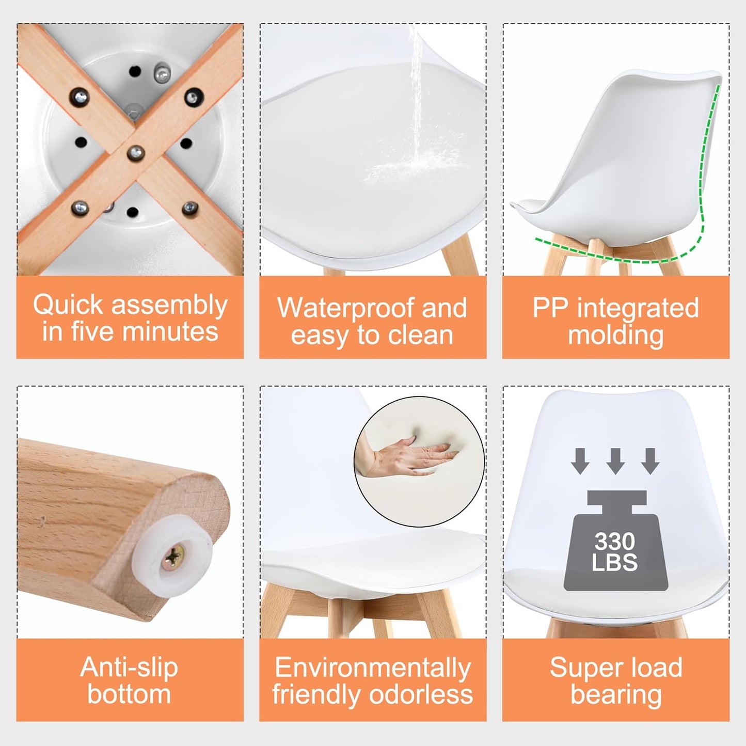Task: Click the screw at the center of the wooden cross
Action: tap(136, 153)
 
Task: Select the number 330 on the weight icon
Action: tap(615, 541)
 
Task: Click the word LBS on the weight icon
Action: tap(615, 563)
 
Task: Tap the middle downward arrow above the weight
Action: tap(615, 461)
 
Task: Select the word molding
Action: tap(615, 336)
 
